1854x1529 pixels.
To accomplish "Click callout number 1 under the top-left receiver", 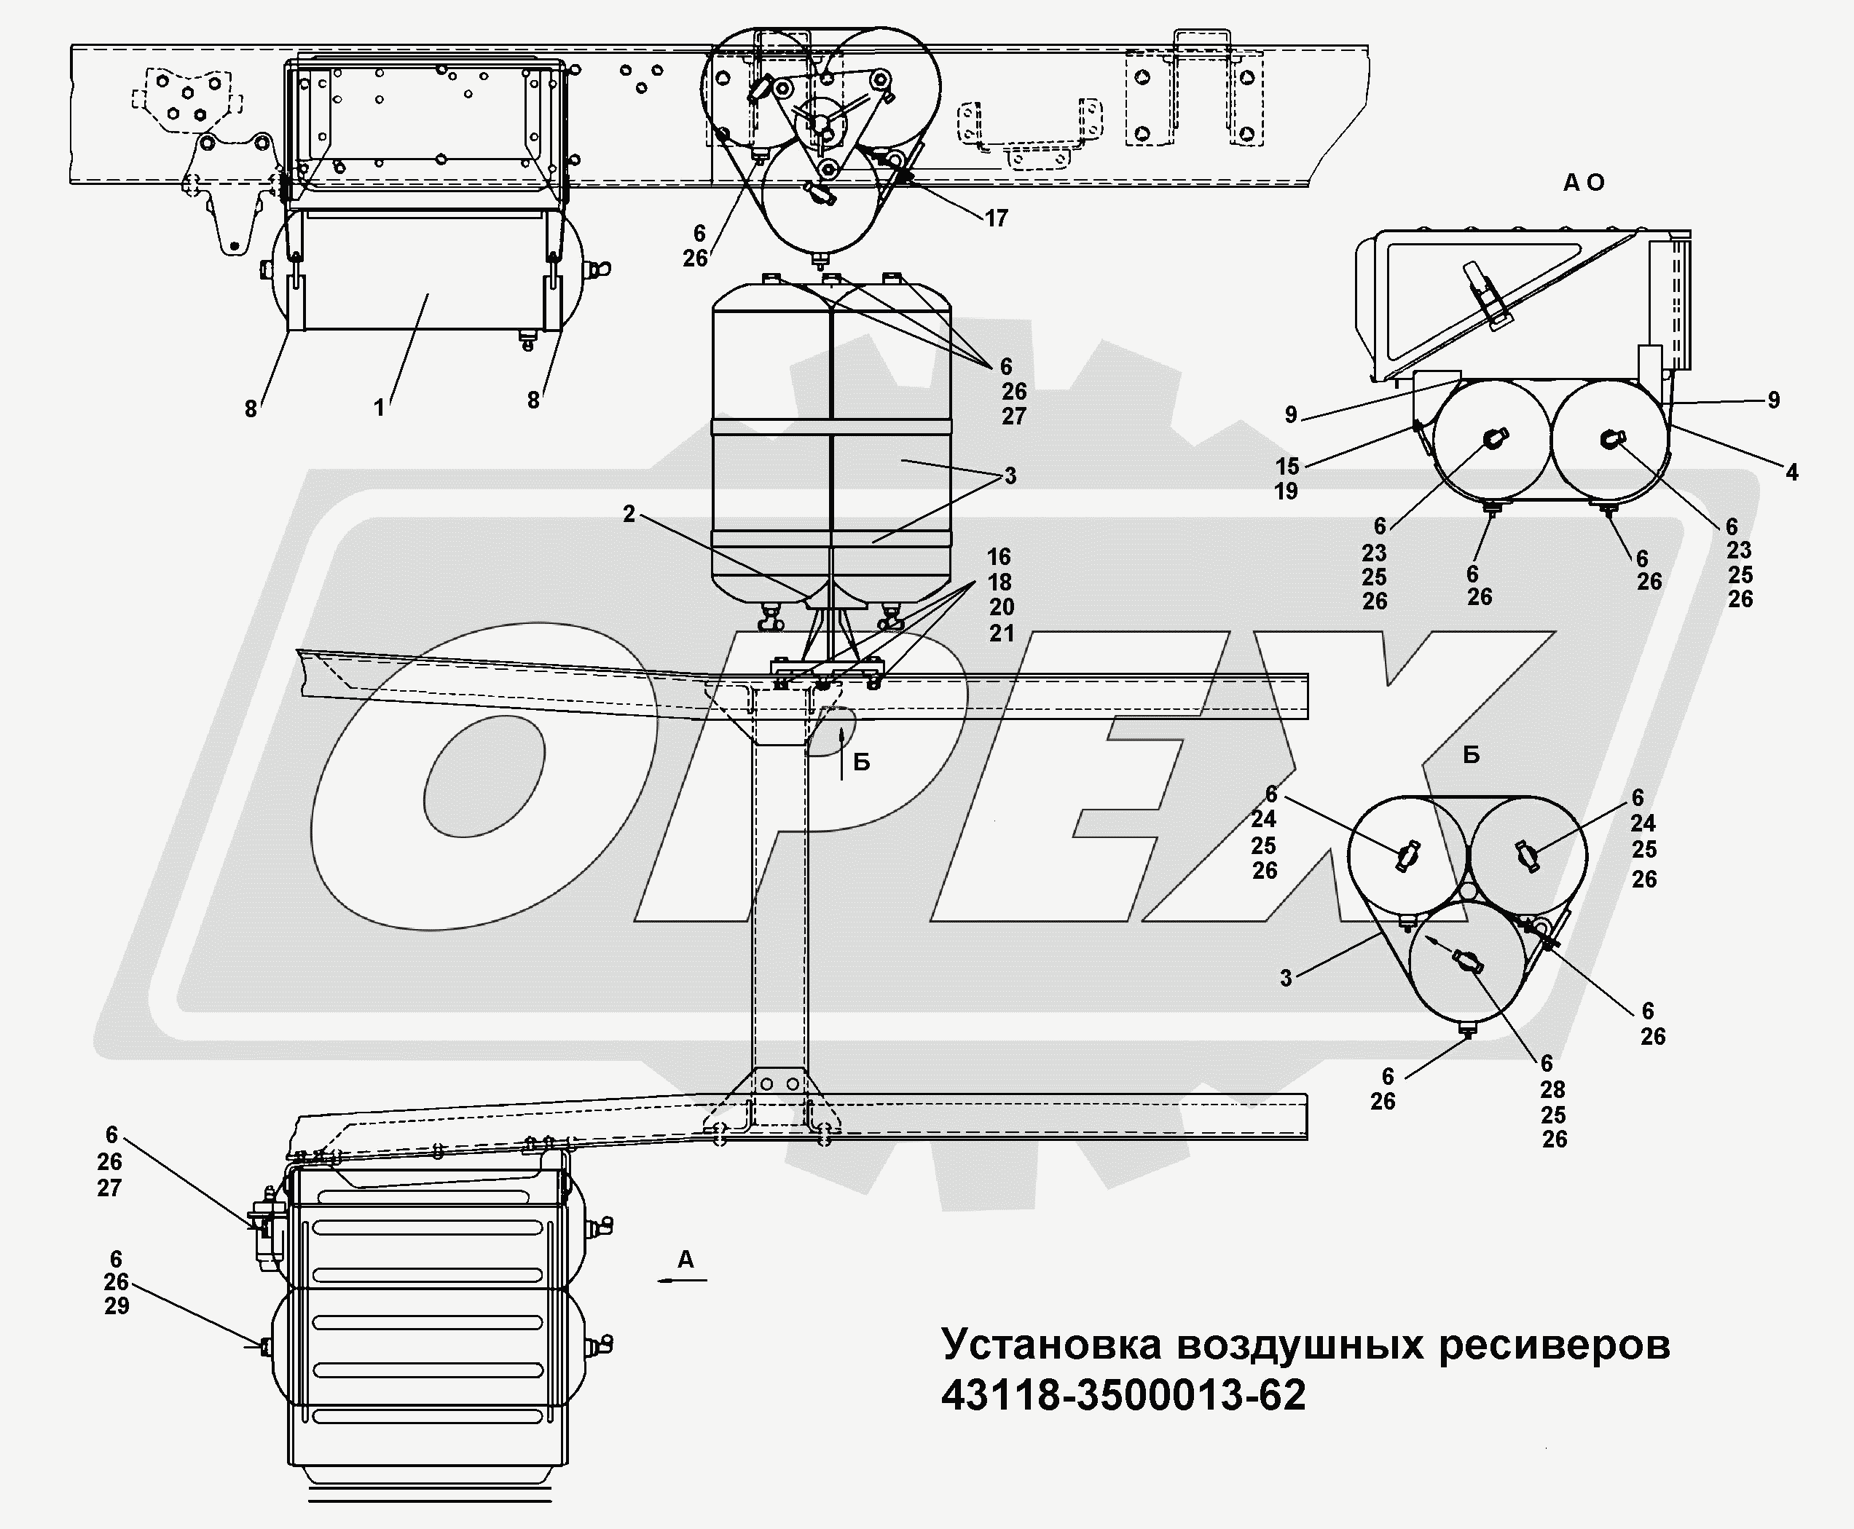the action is click(x=379, y=408).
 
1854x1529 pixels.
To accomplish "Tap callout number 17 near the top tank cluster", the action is click(x=996, y=218).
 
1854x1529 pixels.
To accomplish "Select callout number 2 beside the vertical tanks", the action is click(x=628, y=513).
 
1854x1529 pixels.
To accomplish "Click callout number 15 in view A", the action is click(x=1287, y=466).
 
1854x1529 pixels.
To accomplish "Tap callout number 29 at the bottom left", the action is click(x=117, y=1306).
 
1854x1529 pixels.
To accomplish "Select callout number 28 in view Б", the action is click(x=1552, y=1089).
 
